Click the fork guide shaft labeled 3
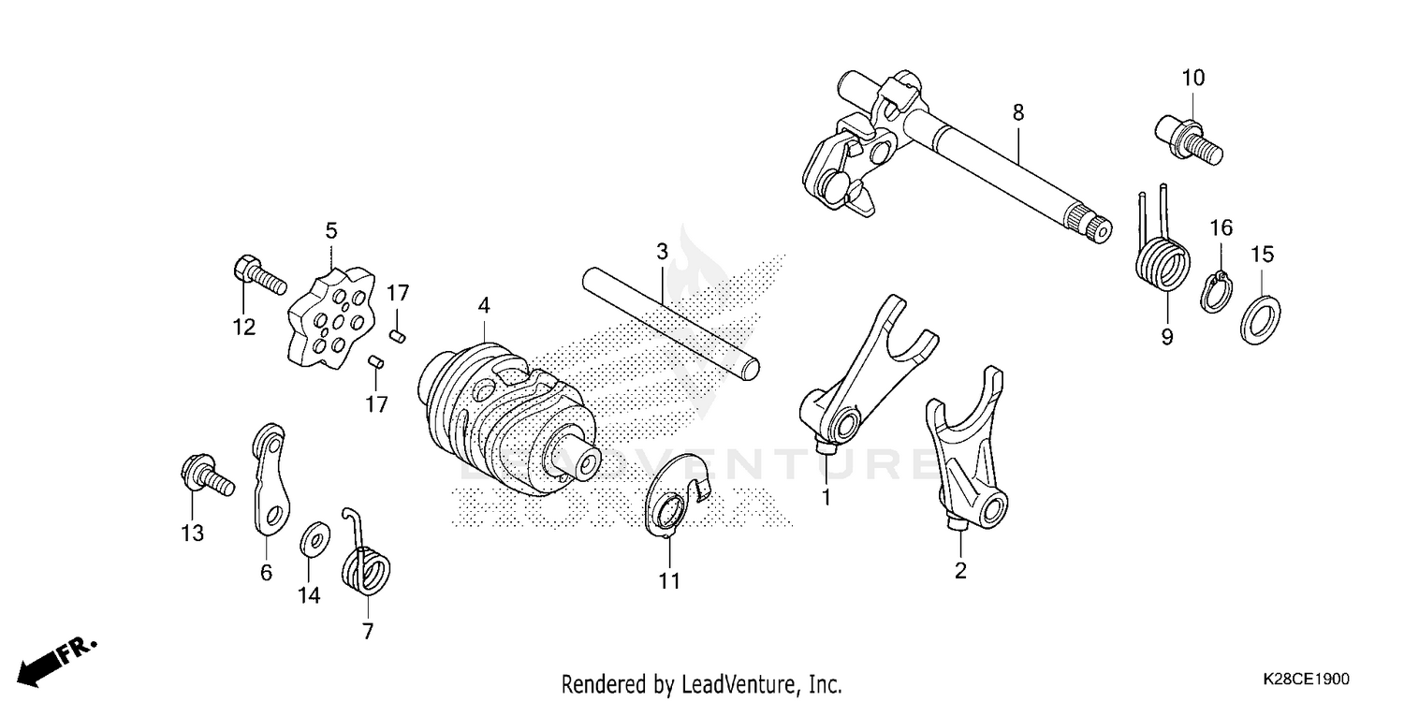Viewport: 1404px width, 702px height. pyautogui.click(x=669, y=323)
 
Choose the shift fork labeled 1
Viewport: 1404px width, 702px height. pyautogui.click(x=861, y=374)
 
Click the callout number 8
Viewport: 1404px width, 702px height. pyautogui.click(x=1017, y=113)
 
